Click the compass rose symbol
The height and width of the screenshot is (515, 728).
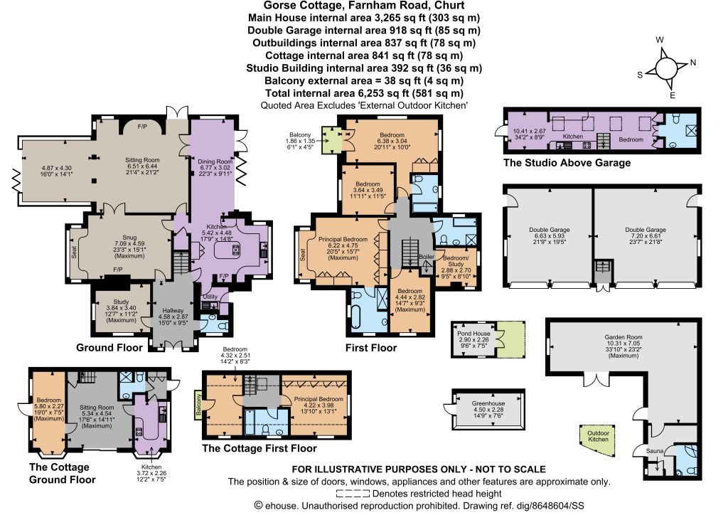click(x=666, y=68)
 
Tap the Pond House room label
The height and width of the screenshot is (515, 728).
click(x=473, y=334)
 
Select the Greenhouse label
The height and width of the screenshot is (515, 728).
click(x=488, y=403)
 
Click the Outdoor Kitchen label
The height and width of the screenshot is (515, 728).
click(x=598, y=436)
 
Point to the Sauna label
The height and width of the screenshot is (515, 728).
click(x=655, y=451)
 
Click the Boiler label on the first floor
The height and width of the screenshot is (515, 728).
click(x=427, y=256)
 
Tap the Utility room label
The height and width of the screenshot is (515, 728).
click(x=210, y=297)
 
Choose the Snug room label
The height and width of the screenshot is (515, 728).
click(x=129, y=238)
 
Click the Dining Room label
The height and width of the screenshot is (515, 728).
click(x=215, y=161)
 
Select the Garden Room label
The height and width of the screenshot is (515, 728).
click(x=623, y=337)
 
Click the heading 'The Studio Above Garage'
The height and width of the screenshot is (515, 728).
click(x=567, y=162)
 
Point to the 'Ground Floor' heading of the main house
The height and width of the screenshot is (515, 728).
click(x=109, y=348)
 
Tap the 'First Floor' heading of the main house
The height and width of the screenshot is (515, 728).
click(x=371, y=348)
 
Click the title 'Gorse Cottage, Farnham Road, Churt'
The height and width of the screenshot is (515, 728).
click(x=364, y=6)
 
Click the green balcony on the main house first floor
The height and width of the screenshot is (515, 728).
click(x=331, y=139)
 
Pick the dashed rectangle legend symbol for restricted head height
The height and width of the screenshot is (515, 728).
click(x=353, y=494)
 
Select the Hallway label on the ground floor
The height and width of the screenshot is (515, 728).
click(x=173, y=311)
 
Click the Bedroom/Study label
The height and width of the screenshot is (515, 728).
click(x=456, y=261)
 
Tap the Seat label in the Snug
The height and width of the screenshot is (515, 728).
click(x=74, y=252)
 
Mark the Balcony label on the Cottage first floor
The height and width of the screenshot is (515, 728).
click(x=199, y=404)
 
